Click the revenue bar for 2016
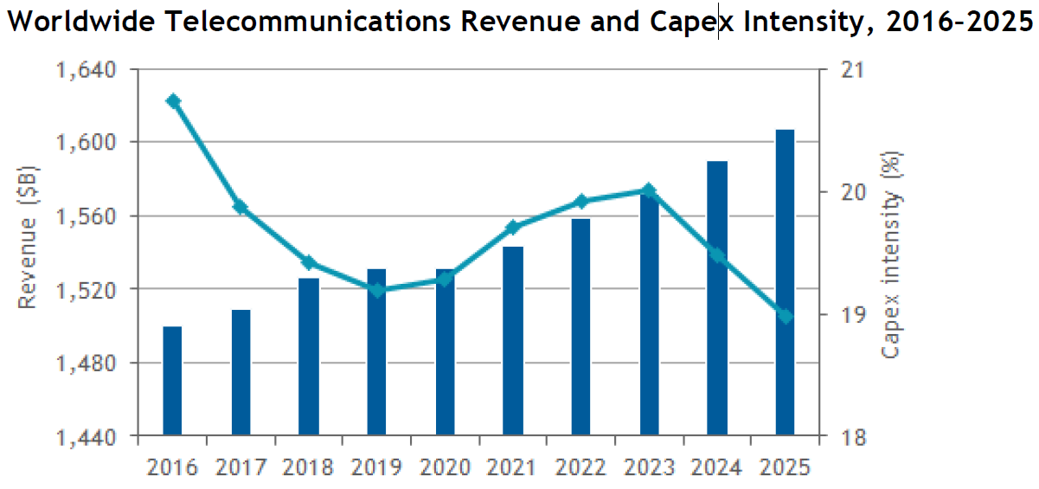[x=172, y=381]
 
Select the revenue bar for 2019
[x=376, y=352]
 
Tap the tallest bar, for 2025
[x=785, y=282]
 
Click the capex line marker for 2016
[x=173, y=101]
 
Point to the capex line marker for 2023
[x=650, y=190]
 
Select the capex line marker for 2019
[x=377, y=289]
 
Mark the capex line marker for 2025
[x=785, y=316]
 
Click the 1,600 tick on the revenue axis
[x=91, y=142]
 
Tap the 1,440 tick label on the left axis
[x=91, y=437]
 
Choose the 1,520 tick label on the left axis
[x=91, y=289]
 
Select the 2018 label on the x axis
[x=308, y=467]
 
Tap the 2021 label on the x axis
[x=513, y=467]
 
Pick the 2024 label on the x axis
[x=717, y=467]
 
